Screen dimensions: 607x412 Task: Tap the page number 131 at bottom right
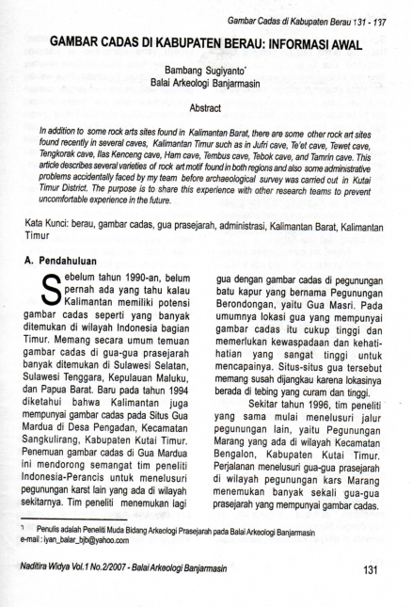tap(372, 569)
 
